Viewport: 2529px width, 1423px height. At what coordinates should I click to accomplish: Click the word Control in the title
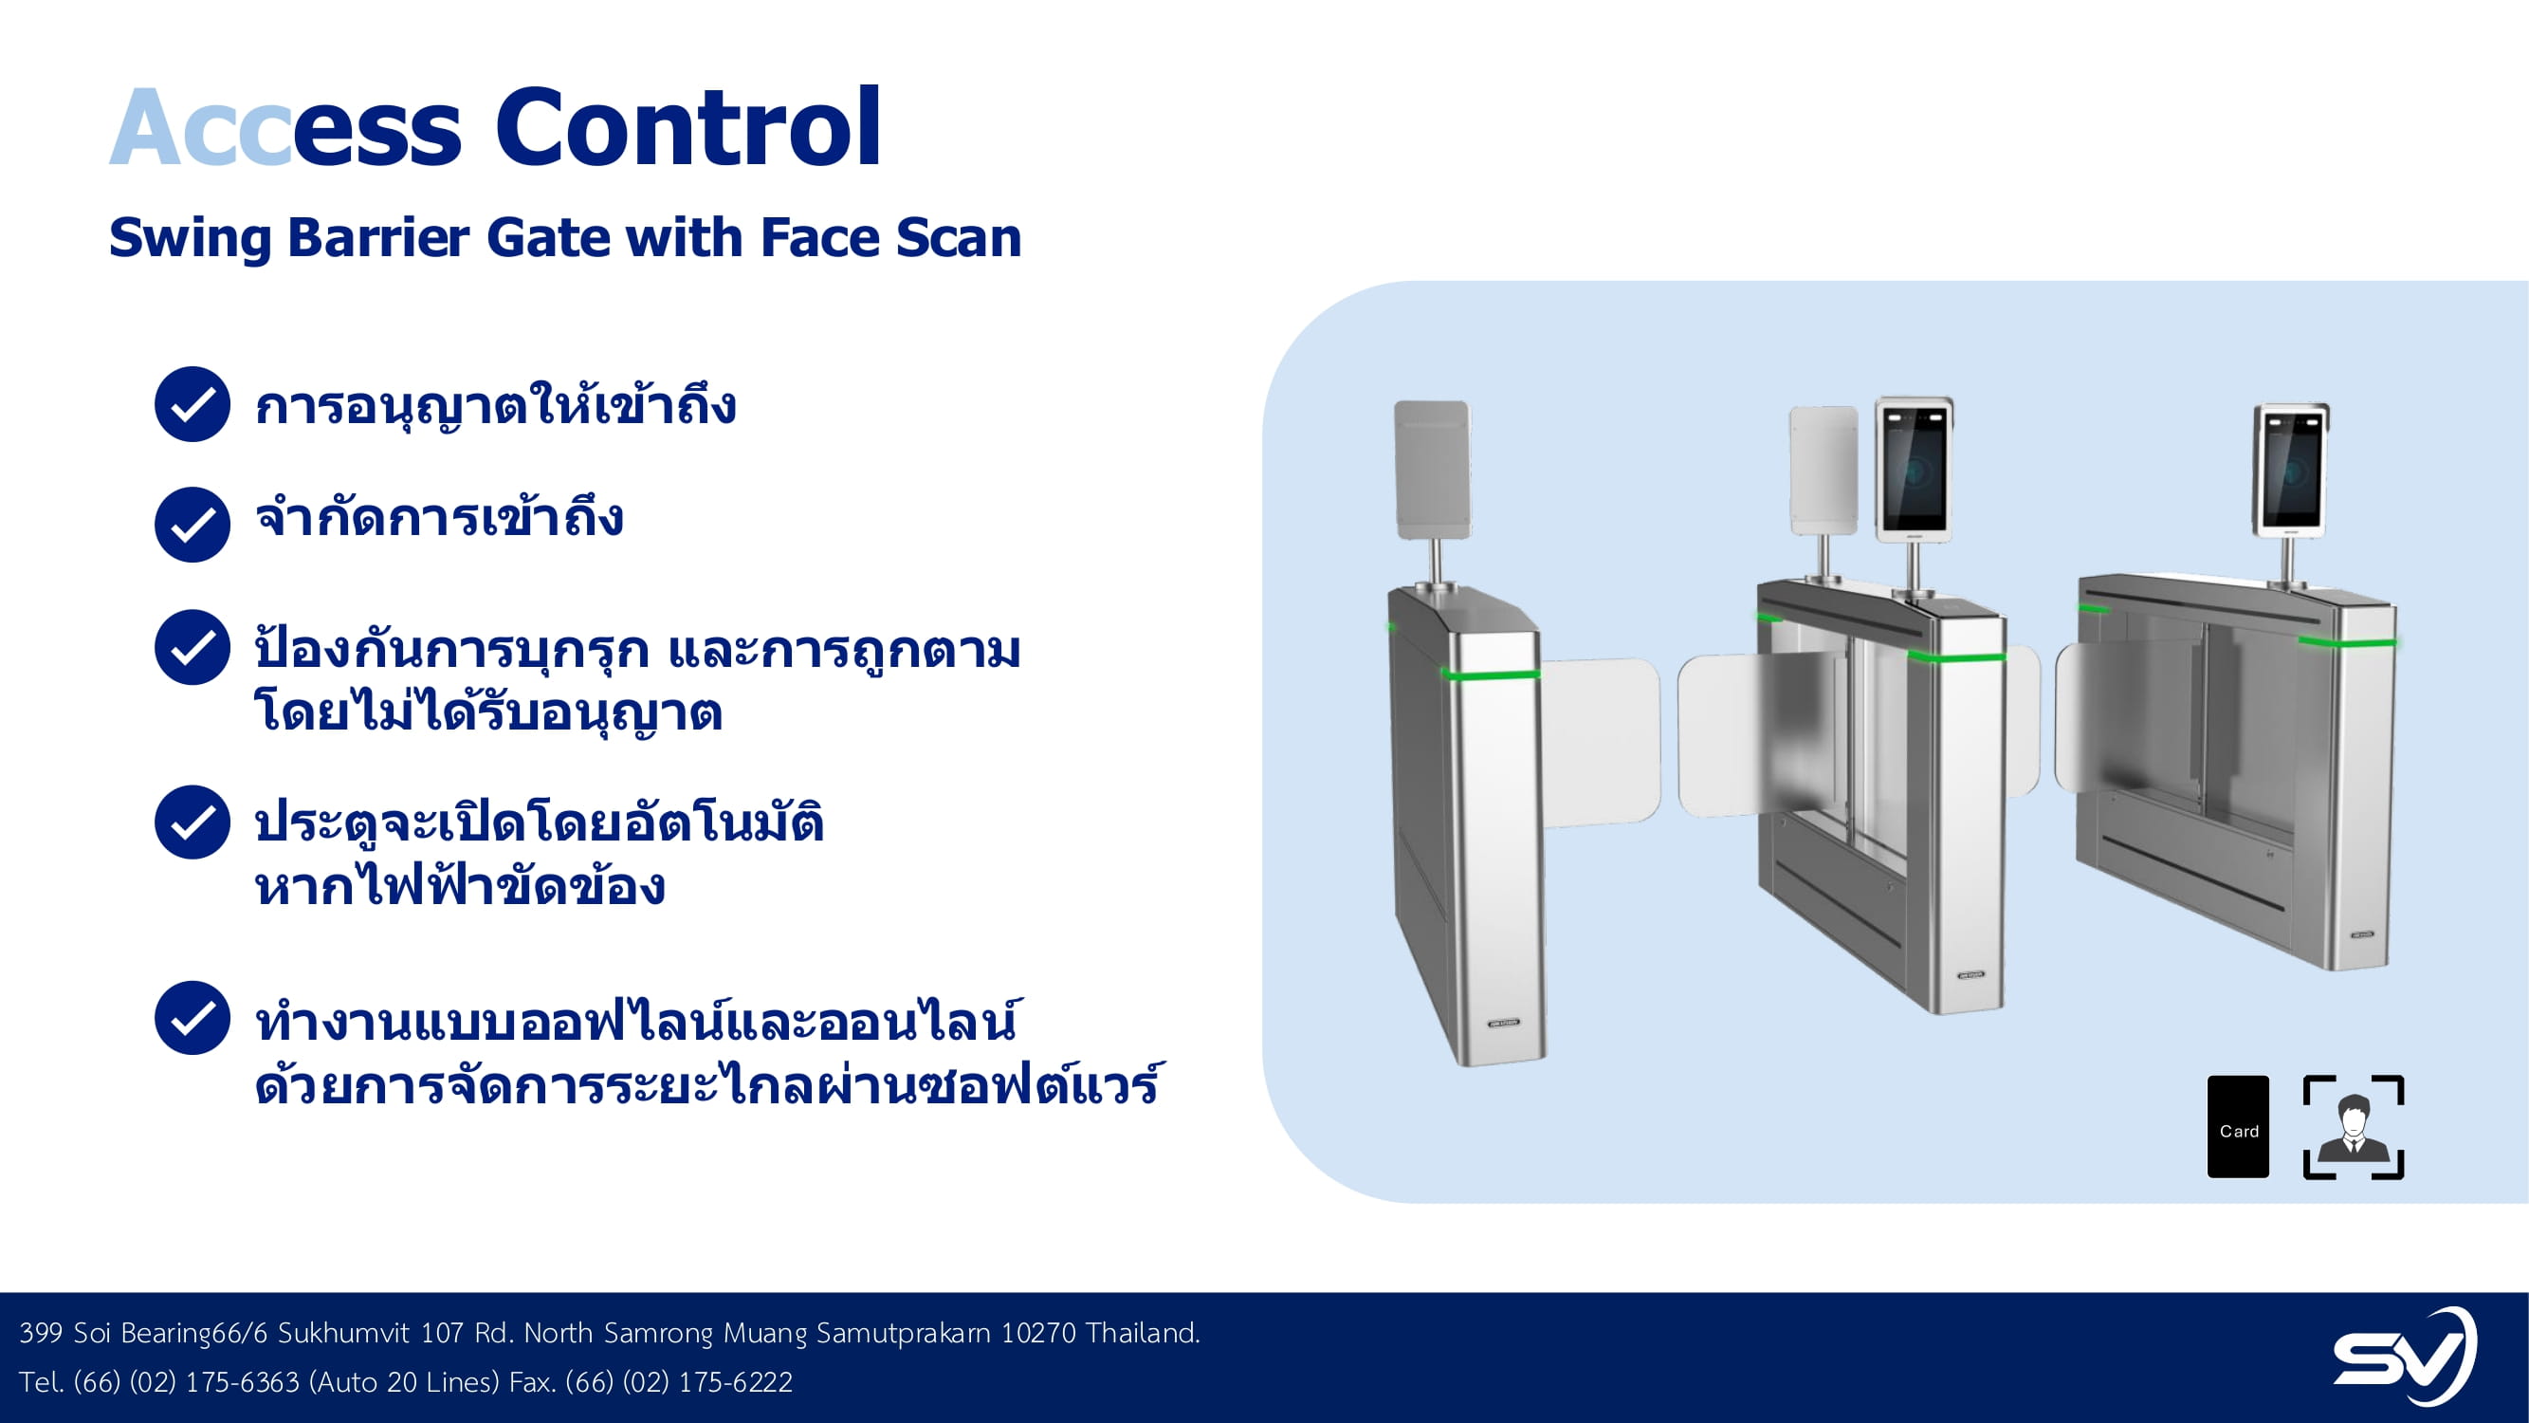688,127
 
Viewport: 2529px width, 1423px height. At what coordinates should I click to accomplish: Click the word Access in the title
285,129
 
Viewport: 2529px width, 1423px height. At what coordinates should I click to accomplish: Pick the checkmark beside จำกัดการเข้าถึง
192,525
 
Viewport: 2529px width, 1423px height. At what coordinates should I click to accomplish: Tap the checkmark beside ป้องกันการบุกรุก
192,647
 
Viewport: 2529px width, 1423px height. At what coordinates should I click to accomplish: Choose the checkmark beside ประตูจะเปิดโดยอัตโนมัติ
192,822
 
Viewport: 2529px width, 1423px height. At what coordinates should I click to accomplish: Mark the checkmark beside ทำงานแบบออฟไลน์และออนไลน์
192,1018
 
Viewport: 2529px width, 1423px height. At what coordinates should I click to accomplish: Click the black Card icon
2239,1126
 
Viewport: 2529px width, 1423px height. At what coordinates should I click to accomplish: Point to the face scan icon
2354,1127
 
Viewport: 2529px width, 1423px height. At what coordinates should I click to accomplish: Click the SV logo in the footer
2405,1356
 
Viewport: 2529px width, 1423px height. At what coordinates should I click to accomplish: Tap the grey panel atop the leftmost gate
1433,470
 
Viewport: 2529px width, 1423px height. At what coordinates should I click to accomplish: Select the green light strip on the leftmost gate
1491,674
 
